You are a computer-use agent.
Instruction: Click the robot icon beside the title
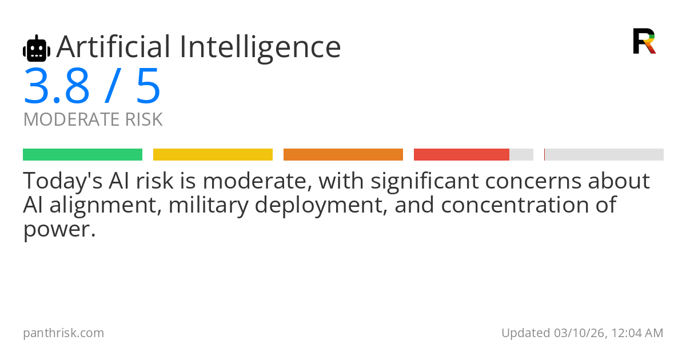coord(37,48)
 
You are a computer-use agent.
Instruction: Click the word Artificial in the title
coord(113,46)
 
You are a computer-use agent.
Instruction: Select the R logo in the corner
coord(644,41)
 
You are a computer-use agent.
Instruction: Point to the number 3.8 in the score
coord(57,86)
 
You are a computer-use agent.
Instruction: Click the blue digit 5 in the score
coord(148,86)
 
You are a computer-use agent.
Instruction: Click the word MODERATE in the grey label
coord(71,119)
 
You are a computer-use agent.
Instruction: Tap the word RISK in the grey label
coord(144,119)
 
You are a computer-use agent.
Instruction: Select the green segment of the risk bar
coord(83,155)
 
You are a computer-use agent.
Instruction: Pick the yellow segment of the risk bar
coord(213,155)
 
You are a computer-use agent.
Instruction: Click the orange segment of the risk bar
coord(343,155)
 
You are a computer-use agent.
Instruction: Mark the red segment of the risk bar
coord(461,155)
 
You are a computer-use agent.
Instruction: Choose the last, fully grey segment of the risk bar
coord(604,155)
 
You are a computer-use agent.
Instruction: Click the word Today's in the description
coord(63,181)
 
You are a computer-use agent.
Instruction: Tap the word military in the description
coord(209,206)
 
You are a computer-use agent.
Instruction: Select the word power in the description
coord(57,230)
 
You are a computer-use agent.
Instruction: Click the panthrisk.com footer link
coord(63,333)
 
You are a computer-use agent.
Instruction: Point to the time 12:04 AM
coord(637,333)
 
